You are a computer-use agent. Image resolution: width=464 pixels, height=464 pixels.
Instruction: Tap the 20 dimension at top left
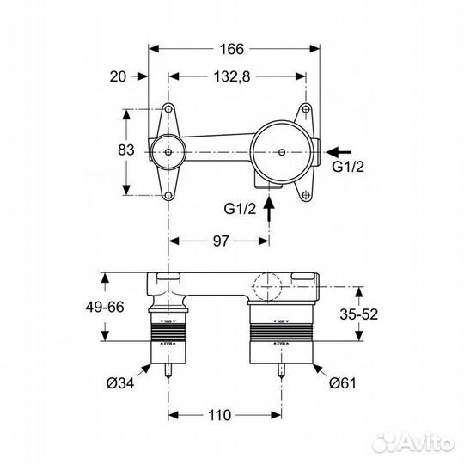tap(118, 76)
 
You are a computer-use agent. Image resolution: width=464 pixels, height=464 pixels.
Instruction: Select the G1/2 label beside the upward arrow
tap(241, 208)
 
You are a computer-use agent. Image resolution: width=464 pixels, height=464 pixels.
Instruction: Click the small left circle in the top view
tap(168, 153)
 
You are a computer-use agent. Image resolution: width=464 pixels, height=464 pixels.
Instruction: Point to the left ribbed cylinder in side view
tap(168, 336)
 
